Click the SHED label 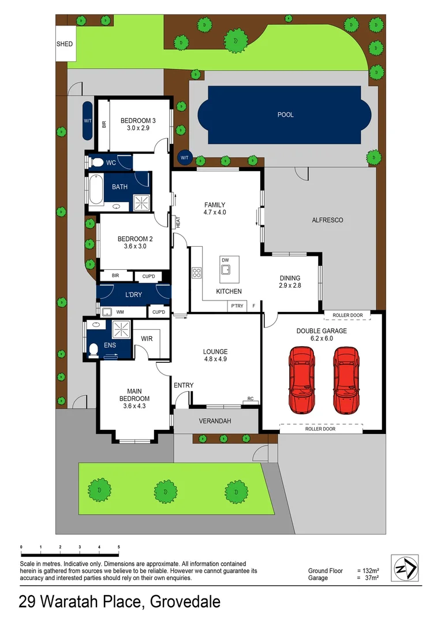[65, 44]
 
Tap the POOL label [285, 115]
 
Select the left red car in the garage [301, 380]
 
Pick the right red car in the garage [345, 380]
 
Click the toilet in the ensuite [94, 348]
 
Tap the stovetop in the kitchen [196, 272]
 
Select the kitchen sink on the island [225, 269]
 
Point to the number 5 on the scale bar [118, 547]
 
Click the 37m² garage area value [371, 578]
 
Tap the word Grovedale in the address [185, 602]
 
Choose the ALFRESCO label [327, 220]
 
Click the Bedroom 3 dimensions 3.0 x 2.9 [138, 128]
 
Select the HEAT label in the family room [178, 221]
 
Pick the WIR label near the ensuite [147, 339]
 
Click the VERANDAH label [215, 421]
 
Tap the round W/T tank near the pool [184, 157]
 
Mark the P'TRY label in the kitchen [237, 306]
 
